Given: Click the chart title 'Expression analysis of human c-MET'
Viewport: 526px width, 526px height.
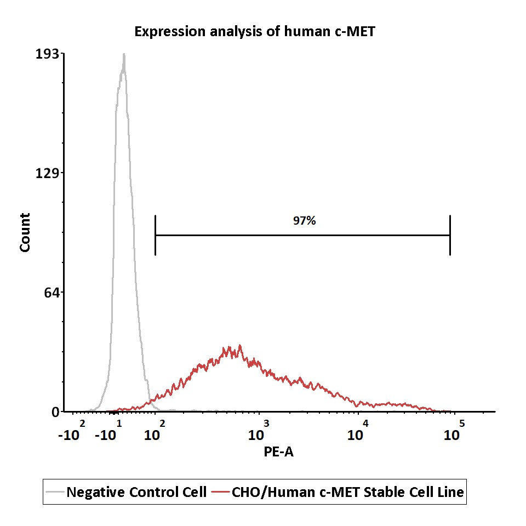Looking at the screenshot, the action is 255,32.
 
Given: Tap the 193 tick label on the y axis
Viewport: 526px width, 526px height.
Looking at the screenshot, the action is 47,54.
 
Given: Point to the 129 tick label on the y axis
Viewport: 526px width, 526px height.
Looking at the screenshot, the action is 47,173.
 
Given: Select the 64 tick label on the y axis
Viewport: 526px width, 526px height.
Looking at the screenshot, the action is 52,293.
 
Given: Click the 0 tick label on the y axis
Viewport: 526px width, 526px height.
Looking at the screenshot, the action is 55,412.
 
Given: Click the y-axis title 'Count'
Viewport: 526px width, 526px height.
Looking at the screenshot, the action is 25,232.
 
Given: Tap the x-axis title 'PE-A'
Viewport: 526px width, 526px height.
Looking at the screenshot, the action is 278,452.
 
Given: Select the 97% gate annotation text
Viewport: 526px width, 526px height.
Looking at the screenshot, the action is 304,221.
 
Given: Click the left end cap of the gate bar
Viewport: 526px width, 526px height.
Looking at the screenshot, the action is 155,235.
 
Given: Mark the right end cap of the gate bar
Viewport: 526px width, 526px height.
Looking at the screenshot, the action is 450,235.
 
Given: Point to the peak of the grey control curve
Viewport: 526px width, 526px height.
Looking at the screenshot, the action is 124,54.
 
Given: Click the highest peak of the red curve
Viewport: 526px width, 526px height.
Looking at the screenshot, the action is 240,345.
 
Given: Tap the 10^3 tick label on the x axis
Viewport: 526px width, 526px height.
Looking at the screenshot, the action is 258,431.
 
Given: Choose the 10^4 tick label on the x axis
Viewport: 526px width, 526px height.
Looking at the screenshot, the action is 358,431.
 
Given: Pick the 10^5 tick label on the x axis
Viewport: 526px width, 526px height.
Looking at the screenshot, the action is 454,431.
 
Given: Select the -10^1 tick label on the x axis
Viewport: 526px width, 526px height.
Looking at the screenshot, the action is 108,431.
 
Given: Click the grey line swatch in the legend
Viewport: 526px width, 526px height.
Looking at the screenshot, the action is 55,492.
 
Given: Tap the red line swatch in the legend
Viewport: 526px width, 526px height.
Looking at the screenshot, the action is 220,492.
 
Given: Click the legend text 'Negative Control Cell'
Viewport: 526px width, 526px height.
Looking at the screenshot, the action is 136,492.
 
